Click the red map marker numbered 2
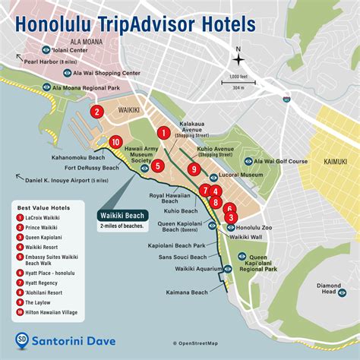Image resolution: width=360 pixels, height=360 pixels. coord(96,112)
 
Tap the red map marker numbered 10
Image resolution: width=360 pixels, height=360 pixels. coord(115,142)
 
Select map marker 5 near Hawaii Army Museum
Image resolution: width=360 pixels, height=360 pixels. coord(157,166)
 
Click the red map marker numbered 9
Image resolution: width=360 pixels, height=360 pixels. coord(195,169)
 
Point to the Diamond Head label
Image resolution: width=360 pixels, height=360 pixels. coord(327,288)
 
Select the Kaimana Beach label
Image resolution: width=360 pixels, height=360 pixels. coord(188,292)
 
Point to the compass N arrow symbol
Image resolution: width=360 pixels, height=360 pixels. coord(238,59)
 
